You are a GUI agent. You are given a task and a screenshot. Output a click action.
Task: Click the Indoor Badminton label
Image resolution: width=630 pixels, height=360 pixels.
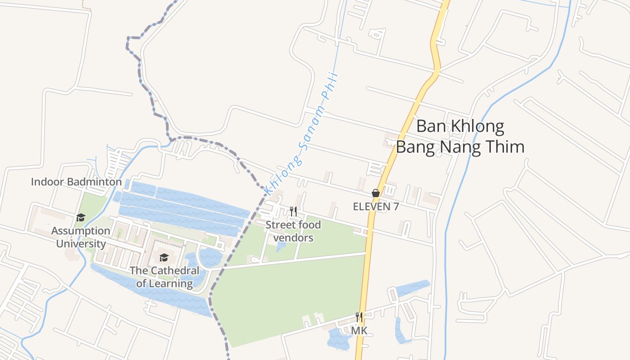click(76, 182)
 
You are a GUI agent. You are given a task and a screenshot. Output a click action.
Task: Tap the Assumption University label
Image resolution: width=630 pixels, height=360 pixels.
click(81, 237)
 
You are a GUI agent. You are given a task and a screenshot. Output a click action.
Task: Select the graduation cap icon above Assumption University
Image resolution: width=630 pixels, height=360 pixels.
click(81, 217)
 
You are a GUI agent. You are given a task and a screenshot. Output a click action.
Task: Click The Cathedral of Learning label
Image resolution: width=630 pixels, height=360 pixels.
click(164, 277)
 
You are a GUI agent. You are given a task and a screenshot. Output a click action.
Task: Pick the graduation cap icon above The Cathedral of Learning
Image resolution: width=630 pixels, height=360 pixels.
click(164, 257)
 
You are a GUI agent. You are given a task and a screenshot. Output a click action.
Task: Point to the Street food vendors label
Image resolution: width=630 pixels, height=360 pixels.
click(293, 231)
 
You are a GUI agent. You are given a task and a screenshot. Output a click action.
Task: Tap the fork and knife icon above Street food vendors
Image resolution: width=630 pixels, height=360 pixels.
click(293, 211)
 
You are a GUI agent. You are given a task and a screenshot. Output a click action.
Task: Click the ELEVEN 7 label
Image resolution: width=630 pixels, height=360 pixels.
click(376, 207)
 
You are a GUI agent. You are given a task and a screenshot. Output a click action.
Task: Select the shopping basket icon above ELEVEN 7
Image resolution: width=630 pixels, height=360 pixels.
click(376, 193)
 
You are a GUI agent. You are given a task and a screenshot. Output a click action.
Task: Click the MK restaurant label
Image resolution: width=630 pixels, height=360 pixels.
click(359, 331)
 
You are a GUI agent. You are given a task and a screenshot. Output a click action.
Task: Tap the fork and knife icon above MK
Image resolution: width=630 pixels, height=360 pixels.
click(359, 317)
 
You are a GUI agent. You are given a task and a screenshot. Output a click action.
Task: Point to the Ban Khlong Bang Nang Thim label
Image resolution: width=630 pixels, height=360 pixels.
click(460, 136)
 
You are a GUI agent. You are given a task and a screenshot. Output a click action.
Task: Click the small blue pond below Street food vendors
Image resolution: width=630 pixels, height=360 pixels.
click(281, 246)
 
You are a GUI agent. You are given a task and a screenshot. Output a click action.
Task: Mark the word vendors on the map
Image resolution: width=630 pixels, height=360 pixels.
click(293, 238)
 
